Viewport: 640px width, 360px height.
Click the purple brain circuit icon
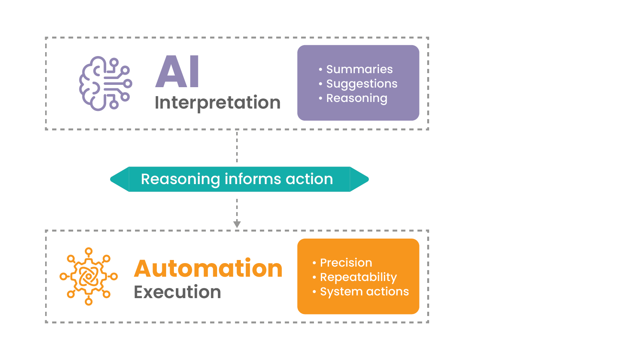105,83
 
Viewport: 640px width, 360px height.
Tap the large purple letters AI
177,72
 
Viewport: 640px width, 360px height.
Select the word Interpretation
217,103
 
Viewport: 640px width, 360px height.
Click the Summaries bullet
359,69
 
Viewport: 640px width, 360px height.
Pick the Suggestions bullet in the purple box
361,84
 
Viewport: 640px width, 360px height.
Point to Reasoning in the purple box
356,98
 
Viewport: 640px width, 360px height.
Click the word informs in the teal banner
253,179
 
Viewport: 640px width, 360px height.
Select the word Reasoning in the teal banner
181,179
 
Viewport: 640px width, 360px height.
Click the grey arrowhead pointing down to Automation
237,224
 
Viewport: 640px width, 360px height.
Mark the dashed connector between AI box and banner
237,146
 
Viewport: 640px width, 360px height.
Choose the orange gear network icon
89,276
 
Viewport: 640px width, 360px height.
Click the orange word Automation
208,269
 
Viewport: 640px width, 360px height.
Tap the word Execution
177,292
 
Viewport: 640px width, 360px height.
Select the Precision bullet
346,263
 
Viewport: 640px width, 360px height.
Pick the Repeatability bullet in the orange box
358,277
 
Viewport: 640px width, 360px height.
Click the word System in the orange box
341,292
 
